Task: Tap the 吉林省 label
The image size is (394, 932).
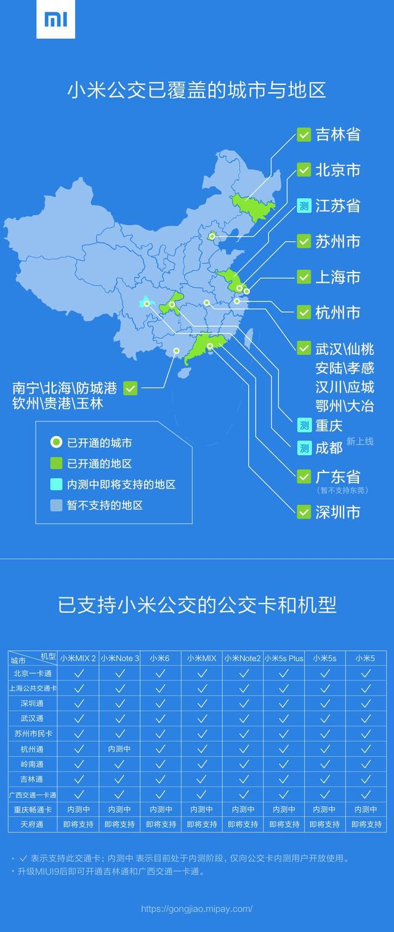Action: [x=337, y=135]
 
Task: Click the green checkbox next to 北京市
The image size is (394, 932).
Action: [x=304, y=170]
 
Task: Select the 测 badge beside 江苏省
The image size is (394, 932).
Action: [x=304, y=205]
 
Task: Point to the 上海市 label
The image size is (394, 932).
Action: [x=337, y=277]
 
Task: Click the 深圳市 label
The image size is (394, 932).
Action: [x=337, y=512]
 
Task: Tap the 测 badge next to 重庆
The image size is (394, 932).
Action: [x=304, y=425]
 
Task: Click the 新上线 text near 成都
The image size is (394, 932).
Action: [x=360, y=441]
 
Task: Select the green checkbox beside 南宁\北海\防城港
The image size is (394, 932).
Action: [x=130, y=388]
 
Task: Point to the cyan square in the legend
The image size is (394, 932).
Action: [x=56, y=484]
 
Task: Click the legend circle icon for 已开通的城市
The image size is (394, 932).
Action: [x=56, y=442]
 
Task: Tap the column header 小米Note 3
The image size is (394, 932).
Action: [x=119, y=658]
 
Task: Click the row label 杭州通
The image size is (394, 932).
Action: [x=32, y=749]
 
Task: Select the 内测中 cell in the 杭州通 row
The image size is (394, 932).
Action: [x=119, y=749]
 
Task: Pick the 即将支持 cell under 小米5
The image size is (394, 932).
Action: [x=366, y=824]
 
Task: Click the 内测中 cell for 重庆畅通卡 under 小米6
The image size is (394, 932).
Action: [x=160, y=809]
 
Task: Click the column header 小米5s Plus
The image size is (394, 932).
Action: [x=284, y=658]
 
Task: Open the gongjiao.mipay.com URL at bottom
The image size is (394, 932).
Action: [x=197, y=909]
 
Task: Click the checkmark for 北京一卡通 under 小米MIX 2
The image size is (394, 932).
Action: [x=78, y=674]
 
